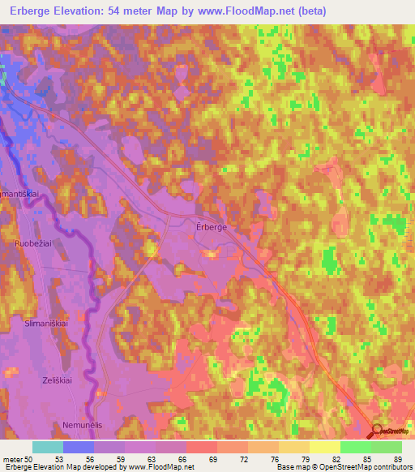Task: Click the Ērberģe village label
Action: pyautogui.click(x=212, y=228)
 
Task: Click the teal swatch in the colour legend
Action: pyautogui.click(x=48, y=447)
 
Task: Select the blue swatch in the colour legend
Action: pyautogui.click(x=79, y=447)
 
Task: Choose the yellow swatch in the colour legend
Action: pyautogui.click(x=325, y=447)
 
